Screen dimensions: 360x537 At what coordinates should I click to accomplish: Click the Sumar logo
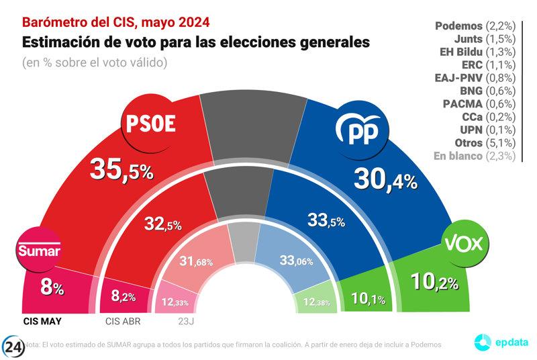tap(38, 252)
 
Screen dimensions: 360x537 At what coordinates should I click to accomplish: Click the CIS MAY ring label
tap(42, 320)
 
